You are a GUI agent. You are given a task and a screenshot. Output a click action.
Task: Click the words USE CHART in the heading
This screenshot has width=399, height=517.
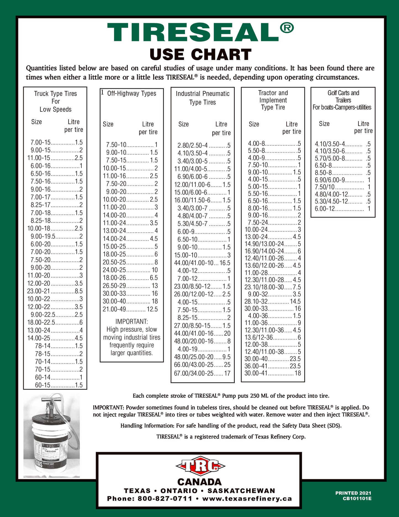200,54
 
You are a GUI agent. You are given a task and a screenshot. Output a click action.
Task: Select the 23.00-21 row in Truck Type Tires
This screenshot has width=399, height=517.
55,291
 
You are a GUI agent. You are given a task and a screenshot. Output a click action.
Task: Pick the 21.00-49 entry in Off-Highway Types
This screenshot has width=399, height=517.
130,309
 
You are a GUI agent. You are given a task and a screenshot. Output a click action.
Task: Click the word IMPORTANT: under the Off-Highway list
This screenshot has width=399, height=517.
131,322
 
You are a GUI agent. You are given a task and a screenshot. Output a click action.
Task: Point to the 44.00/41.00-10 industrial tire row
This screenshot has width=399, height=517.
202,263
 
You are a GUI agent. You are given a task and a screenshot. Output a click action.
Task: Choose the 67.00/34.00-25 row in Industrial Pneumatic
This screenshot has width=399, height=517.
202,373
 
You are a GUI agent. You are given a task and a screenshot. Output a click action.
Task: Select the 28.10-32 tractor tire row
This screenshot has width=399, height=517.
273,301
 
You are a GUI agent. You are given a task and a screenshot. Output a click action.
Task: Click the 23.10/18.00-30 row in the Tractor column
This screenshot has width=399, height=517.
273,287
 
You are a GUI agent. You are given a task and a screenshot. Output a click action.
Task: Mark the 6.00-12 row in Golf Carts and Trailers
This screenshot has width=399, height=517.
342,209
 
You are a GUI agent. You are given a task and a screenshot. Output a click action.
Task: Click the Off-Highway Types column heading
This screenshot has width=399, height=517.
131,93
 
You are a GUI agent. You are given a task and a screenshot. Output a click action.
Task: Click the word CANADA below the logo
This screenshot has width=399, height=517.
199,482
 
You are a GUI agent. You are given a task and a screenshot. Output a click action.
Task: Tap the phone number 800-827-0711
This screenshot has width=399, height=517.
165,499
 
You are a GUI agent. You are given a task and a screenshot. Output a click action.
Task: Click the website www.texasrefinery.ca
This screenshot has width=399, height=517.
247,499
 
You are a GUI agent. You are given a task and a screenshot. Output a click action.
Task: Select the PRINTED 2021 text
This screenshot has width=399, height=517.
353,493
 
